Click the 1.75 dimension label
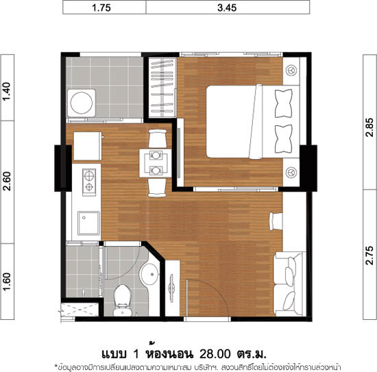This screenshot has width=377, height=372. (101, 8)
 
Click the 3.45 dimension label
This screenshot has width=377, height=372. (227, 8)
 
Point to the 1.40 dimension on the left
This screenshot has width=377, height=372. (7, 92)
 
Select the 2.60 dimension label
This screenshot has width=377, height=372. (7, 181)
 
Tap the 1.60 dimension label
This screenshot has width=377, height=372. (7, 282)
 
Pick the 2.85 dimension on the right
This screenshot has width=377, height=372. (369, 127)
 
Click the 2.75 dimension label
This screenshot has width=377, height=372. (369, 256)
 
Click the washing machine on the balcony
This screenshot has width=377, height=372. (82, 103)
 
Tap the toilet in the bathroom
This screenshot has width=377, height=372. (123, 300)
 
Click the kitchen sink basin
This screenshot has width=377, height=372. (88, 223)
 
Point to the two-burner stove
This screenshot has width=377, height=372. (89, 182)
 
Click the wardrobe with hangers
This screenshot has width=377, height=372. (162, 88)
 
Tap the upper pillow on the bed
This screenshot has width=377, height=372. (284, 103)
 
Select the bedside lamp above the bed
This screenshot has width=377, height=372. (291, 70)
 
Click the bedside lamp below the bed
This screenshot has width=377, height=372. (291, 173)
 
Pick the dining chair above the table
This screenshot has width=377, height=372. (158, 138)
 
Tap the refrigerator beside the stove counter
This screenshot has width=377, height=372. (87, 146)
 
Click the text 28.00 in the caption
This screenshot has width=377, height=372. (215, 354)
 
